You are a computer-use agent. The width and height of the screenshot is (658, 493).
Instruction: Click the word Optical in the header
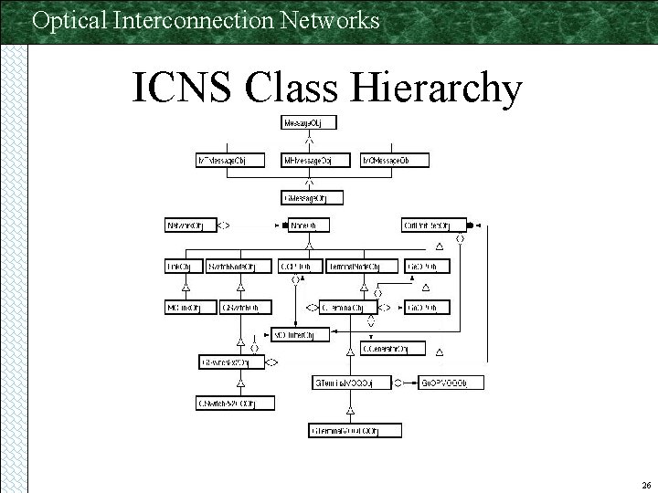click(65, 19)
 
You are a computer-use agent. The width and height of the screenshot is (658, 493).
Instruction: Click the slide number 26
click(645, 486)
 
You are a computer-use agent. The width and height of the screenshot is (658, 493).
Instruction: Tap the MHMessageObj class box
click(309, 161)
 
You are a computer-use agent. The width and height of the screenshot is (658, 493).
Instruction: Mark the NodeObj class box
click(308, 225)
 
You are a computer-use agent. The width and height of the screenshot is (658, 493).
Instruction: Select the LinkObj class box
click(184, 267)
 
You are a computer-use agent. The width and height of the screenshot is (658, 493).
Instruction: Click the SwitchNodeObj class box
click(239, 267)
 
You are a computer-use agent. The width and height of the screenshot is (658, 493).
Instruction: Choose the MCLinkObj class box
click(184, 308)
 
